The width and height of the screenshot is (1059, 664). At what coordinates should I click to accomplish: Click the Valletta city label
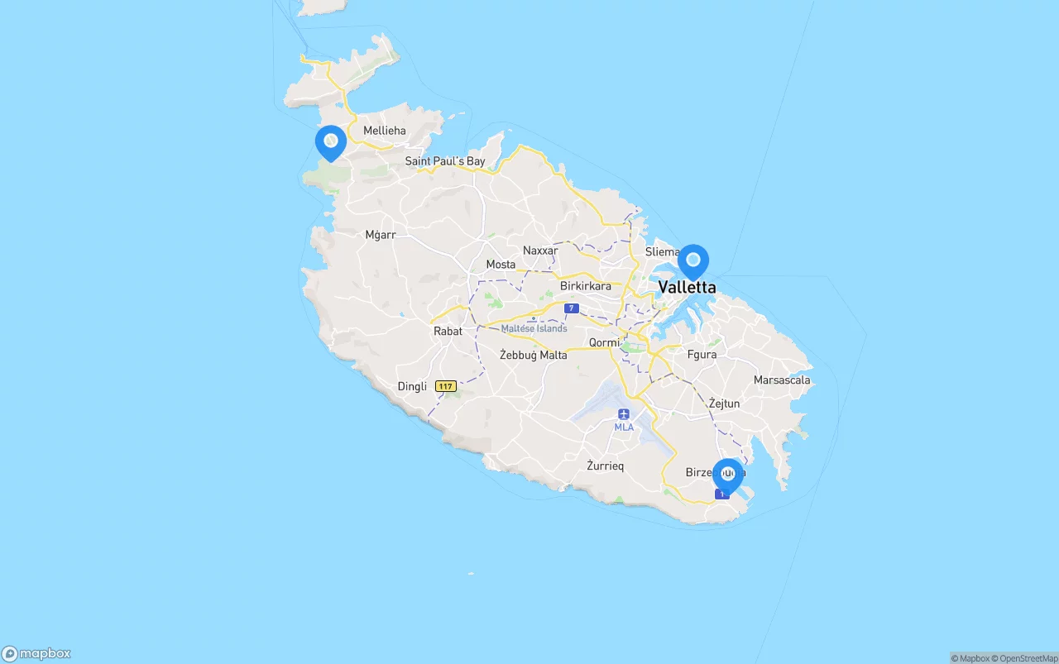[687, 288]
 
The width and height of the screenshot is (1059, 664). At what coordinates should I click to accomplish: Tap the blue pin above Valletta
[693, 261]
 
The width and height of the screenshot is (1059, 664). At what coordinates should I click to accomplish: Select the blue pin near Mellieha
[330, 142]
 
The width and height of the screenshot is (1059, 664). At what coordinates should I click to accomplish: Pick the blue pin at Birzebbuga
[727, 475]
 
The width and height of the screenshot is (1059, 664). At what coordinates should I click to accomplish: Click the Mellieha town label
[385, 131]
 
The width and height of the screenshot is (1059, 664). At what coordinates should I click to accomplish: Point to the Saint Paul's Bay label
[444, 161]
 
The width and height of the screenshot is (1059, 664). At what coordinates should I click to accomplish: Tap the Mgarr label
[381, 235]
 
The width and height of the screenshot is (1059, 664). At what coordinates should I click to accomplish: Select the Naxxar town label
[540, 251]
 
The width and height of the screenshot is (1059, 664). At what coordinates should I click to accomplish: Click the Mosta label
[501, 265]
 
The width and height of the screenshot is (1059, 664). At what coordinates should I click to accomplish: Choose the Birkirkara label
[585, 286]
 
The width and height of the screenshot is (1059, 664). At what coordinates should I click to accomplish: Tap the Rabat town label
[448, 331]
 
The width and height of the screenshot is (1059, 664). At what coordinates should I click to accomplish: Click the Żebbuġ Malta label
[533, 355]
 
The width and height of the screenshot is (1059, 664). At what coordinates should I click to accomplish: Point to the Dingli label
[412, 386]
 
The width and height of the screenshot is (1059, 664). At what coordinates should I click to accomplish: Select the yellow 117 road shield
[446, 386]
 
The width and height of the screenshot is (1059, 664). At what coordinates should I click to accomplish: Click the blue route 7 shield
[571, 308]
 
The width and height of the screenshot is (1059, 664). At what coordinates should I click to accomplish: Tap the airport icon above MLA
[624, 413]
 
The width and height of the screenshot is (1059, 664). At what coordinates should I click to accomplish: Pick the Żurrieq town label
[605, 466]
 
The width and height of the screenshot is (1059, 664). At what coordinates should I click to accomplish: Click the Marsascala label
[782, 380]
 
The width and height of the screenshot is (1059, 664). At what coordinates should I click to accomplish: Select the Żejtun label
[724, 404]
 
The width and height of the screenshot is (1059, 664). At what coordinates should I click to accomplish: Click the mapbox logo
[36, 653]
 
